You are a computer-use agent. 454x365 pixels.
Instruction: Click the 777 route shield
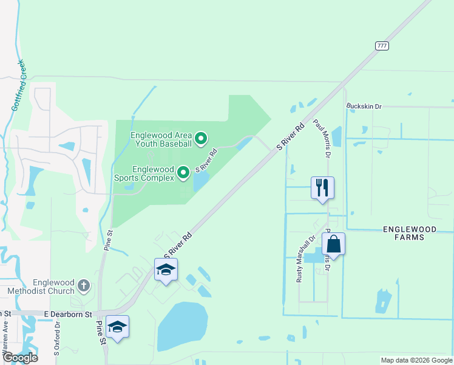[382, 46]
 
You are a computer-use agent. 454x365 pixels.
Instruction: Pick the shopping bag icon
[333, 244]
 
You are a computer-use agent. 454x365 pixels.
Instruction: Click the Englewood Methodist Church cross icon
[84, 285]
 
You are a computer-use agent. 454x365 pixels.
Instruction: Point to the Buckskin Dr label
[364, 106]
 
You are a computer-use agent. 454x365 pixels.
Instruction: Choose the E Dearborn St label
[67, 314]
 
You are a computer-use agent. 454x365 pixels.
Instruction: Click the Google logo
[19, 358]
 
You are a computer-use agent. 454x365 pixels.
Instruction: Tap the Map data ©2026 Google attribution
[416, 360]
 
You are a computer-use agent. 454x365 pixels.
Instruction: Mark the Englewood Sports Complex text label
[145, 173]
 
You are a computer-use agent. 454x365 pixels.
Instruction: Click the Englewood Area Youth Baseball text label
[161, 139]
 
